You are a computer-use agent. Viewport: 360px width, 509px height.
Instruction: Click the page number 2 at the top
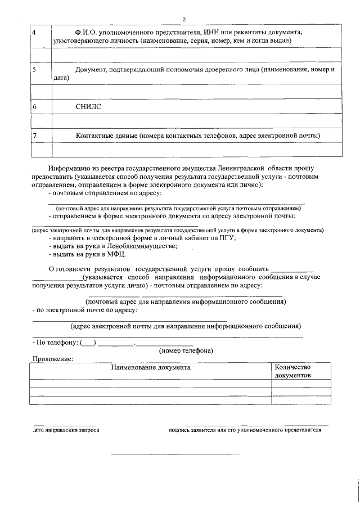(183, 20)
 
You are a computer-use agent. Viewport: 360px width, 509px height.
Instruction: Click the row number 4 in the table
(35, 33)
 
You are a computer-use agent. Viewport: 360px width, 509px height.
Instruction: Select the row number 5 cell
(35, 69)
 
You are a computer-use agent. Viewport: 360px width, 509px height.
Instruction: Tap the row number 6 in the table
(35, 106)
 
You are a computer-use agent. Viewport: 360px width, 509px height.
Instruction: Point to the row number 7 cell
(35, 136)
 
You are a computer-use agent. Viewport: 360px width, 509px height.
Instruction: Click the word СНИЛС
(89, 106)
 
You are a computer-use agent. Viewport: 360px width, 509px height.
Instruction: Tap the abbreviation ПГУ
(227, 237)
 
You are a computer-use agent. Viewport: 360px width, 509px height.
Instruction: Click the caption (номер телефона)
(186, 351)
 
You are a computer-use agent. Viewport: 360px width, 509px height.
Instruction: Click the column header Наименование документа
(150, 367)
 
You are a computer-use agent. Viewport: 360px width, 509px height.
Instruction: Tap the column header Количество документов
(292, 371)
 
